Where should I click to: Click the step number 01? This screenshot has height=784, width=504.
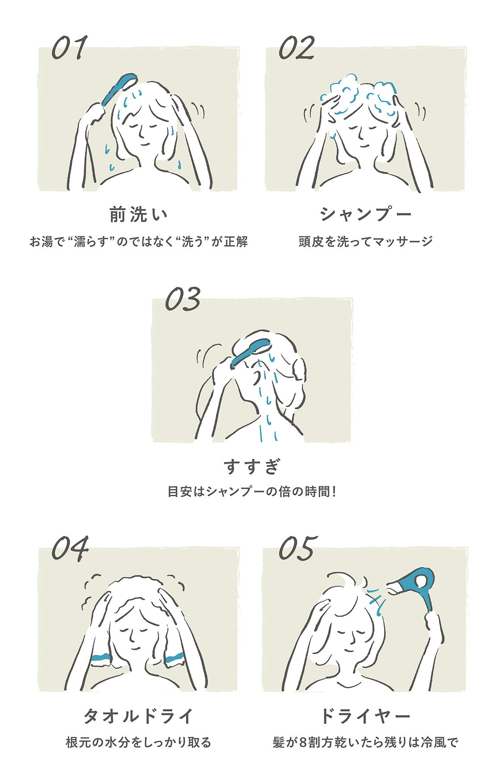[x=69, y=48]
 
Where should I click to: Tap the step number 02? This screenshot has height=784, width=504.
[x=297, y=48]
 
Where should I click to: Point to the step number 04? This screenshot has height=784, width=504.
[x=70, y=548]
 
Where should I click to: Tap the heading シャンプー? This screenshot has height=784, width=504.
[x=366, y=215]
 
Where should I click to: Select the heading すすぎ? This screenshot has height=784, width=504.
[x=252, y=466]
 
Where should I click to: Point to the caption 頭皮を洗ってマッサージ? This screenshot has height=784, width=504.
[x=366, y=241]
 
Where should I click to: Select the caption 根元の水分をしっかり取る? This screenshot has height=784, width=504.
[x=139, y=743]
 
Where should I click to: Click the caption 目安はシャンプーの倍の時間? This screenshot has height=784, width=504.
[x=252, y=492]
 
